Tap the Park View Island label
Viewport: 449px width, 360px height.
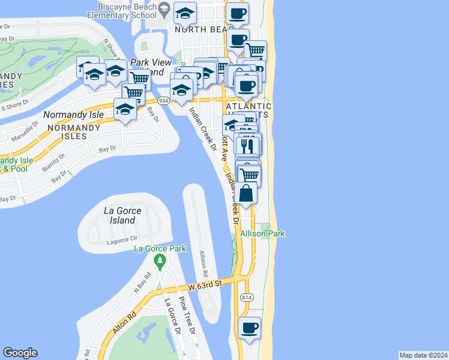click(x=146, y=67)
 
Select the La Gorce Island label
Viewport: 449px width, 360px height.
click(x=119, y=215)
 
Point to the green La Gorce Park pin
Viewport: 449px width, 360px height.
click(x=160, y=261)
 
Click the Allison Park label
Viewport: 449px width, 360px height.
click(x=262, y=233)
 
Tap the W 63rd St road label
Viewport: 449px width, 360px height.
click(x=204, y=284)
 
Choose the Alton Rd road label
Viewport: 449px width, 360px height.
click(x=124, y=322)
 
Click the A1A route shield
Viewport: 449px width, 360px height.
click(x=246, y=297)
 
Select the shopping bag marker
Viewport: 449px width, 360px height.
click(x=247, y=194)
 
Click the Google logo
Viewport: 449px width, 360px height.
click(x=20, y=353)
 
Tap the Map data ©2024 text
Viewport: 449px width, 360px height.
click(x=423, y=355)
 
